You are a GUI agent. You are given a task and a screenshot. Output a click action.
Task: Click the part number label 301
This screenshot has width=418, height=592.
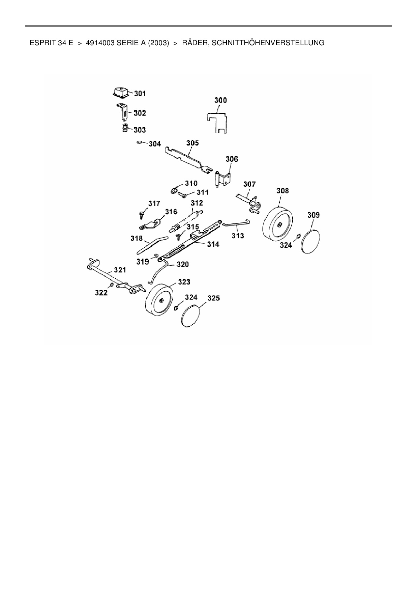tap(140, 93)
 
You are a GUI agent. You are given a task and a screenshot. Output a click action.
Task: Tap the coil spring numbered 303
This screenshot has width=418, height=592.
tap(125, 129)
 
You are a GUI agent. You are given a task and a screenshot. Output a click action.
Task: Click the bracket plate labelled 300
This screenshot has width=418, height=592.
tap(216, 122)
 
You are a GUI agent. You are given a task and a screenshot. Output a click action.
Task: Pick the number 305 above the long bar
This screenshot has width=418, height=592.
tap(192, 143)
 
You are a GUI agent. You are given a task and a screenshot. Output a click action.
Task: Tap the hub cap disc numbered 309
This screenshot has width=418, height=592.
tap(310, 241)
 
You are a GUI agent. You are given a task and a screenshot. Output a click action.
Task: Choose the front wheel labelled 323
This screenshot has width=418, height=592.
tap(158, 300)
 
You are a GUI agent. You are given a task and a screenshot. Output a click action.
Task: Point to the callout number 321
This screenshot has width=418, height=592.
tap(120, 270)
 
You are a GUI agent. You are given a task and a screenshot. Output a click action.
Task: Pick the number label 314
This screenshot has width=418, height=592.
tap(213, 244)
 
